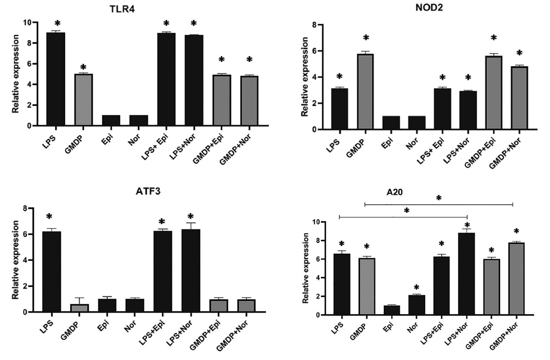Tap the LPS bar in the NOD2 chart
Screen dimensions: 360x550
(x=339, y=109)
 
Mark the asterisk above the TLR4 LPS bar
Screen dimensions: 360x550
(x=58, y=24)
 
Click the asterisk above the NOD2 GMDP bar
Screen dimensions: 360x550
(x=366, y=38)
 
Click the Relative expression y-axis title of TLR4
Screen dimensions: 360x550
(x=15, y=74)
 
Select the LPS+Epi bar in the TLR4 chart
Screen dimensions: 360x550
(x=166, y=79)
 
